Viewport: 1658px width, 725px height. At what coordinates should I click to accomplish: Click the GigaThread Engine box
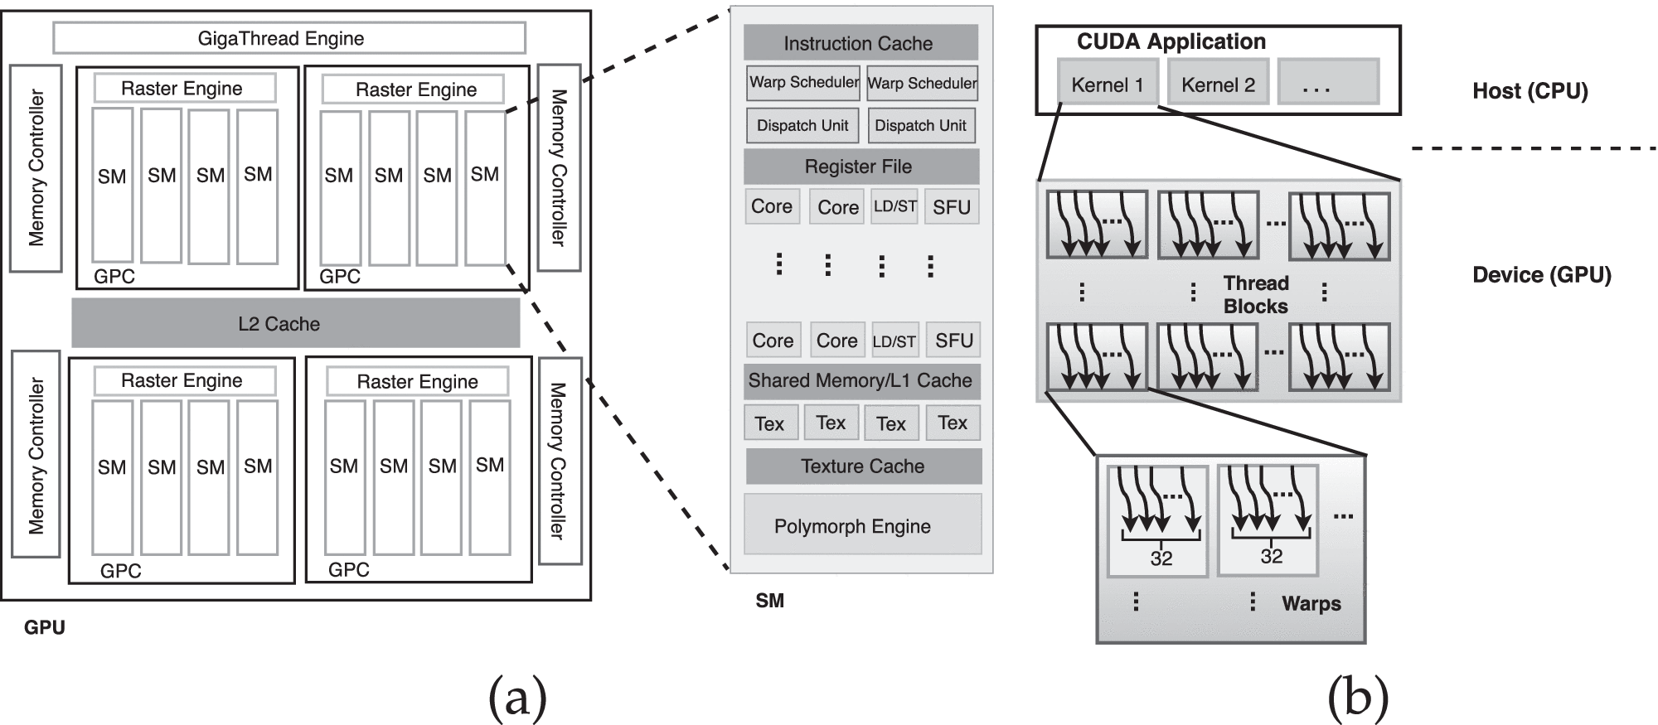tap(288, 38)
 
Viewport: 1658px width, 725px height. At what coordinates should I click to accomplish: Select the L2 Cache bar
tap(295, 323)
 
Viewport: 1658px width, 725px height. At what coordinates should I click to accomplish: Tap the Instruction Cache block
tap(860, 43)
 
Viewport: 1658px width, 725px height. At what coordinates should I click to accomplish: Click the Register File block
tap(860, 167)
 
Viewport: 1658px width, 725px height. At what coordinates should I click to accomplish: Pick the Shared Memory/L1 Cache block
tap(861, 381)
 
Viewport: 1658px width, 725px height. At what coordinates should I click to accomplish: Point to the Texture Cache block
tap(863, 466)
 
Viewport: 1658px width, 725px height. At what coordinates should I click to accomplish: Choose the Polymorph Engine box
tap(861, 525)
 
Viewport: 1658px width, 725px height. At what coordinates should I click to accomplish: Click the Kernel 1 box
tap(1107, 84)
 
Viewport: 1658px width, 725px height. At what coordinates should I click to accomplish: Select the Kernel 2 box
tap(1218, 84)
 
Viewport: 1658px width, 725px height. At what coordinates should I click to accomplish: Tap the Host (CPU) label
tap(1530, 90)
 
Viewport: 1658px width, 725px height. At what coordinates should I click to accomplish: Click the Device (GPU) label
tap(1541, 274)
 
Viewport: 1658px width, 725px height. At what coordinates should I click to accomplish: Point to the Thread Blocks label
tap(1255, 295)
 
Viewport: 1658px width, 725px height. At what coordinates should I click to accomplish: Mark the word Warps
tap(1311, 603)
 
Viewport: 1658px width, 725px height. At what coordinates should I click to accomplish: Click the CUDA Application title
tap(1171, 41)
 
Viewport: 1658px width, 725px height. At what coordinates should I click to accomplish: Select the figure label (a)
tap(517, 695)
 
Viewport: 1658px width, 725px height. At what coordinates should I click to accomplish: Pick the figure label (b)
tap(1357, 695)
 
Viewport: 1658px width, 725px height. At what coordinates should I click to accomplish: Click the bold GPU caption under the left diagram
tap(44, 627)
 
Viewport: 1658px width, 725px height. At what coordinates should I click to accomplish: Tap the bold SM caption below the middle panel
tap(769, 601)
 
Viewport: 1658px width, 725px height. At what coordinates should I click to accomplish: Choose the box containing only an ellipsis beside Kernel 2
tap(1327, 82)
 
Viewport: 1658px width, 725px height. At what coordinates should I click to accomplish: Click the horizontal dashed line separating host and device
tap(1534, 148)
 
